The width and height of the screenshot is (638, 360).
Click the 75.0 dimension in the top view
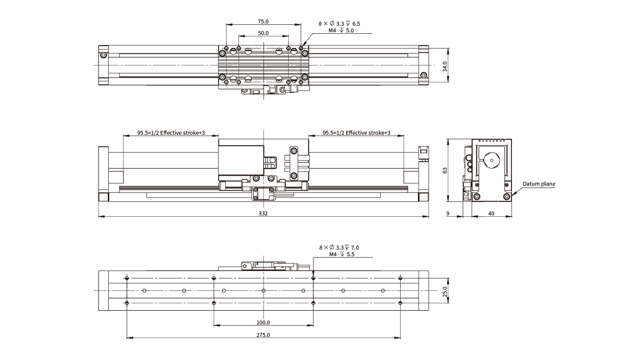click(263, 21)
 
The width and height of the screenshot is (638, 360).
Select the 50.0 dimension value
click(263, 33)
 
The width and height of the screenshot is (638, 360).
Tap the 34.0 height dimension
click(445, 66)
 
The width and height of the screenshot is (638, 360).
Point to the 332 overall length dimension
click(264, 214)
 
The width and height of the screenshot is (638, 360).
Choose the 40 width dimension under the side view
click(491, 214)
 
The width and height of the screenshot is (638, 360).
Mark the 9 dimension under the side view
click(448, 214)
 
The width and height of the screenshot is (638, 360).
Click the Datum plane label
click(539, 184)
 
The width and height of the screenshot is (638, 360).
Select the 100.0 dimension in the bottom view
click(263, 323)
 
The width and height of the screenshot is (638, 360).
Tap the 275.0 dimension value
click(263, 335)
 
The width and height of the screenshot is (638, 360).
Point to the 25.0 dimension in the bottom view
click(445, 291)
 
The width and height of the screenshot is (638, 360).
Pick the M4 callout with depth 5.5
click(342, 254)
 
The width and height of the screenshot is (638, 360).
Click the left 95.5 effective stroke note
click(171, 133)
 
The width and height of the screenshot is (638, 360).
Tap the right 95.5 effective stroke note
click(356, 133)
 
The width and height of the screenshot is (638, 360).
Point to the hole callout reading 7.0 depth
click(339, 247)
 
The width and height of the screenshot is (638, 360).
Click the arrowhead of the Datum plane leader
click(513, 195)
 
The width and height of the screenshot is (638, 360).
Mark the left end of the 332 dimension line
click(98, 217)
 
